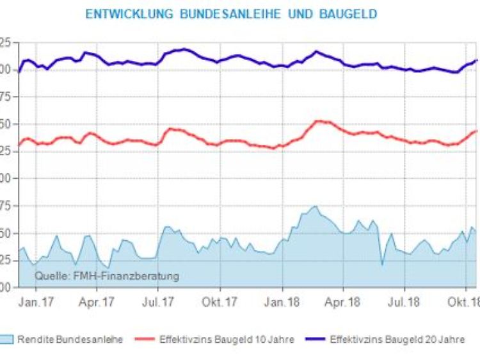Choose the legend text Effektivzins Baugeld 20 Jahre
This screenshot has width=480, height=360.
coord(397,340)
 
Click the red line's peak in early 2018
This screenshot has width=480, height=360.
coord(318,120)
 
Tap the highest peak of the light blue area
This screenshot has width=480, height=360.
coord(315,206)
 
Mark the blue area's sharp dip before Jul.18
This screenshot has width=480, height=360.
coord(382,264)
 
